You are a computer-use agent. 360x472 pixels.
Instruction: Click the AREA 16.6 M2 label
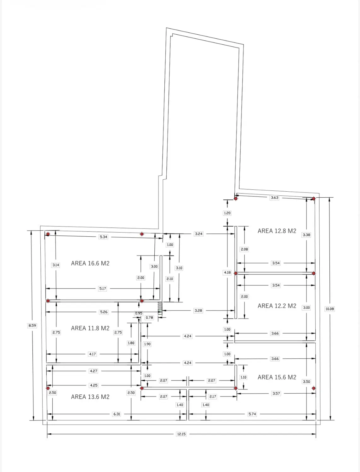coord(90,263)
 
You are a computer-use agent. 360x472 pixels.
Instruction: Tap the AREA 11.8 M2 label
coord(90,328)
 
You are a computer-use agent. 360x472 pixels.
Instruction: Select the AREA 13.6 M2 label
coord(90,397)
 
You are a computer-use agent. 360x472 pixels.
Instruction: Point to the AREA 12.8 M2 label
coord(277,231)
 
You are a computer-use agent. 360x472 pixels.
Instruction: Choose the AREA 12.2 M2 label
coord(277,306)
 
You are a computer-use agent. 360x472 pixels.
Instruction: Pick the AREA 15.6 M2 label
coord(277,377)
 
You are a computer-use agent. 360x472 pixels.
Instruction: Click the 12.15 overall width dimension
coord(181,434)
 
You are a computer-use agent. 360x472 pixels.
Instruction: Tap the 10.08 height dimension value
coord(329,309)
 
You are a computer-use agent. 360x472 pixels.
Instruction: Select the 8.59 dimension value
coord(32,326)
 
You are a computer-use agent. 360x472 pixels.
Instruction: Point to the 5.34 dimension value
coord(103,237)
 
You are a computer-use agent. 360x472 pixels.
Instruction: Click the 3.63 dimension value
coord(274,197)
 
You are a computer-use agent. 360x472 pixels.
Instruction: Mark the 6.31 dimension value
coord(117,414)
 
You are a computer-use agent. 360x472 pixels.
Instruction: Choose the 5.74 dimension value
coord(252,414)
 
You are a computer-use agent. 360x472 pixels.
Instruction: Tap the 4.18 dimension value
coord(227,273)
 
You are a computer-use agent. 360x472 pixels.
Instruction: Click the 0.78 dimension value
coord(149,317)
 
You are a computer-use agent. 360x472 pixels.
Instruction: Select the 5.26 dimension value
coord(104,312)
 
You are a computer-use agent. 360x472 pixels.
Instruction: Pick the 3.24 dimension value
coord(198,234)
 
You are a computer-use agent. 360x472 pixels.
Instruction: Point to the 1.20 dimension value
coord(227,213)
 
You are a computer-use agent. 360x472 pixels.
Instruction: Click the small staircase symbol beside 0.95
coord(160,308)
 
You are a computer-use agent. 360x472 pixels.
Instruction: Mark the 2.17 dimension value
coord(213,396)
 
